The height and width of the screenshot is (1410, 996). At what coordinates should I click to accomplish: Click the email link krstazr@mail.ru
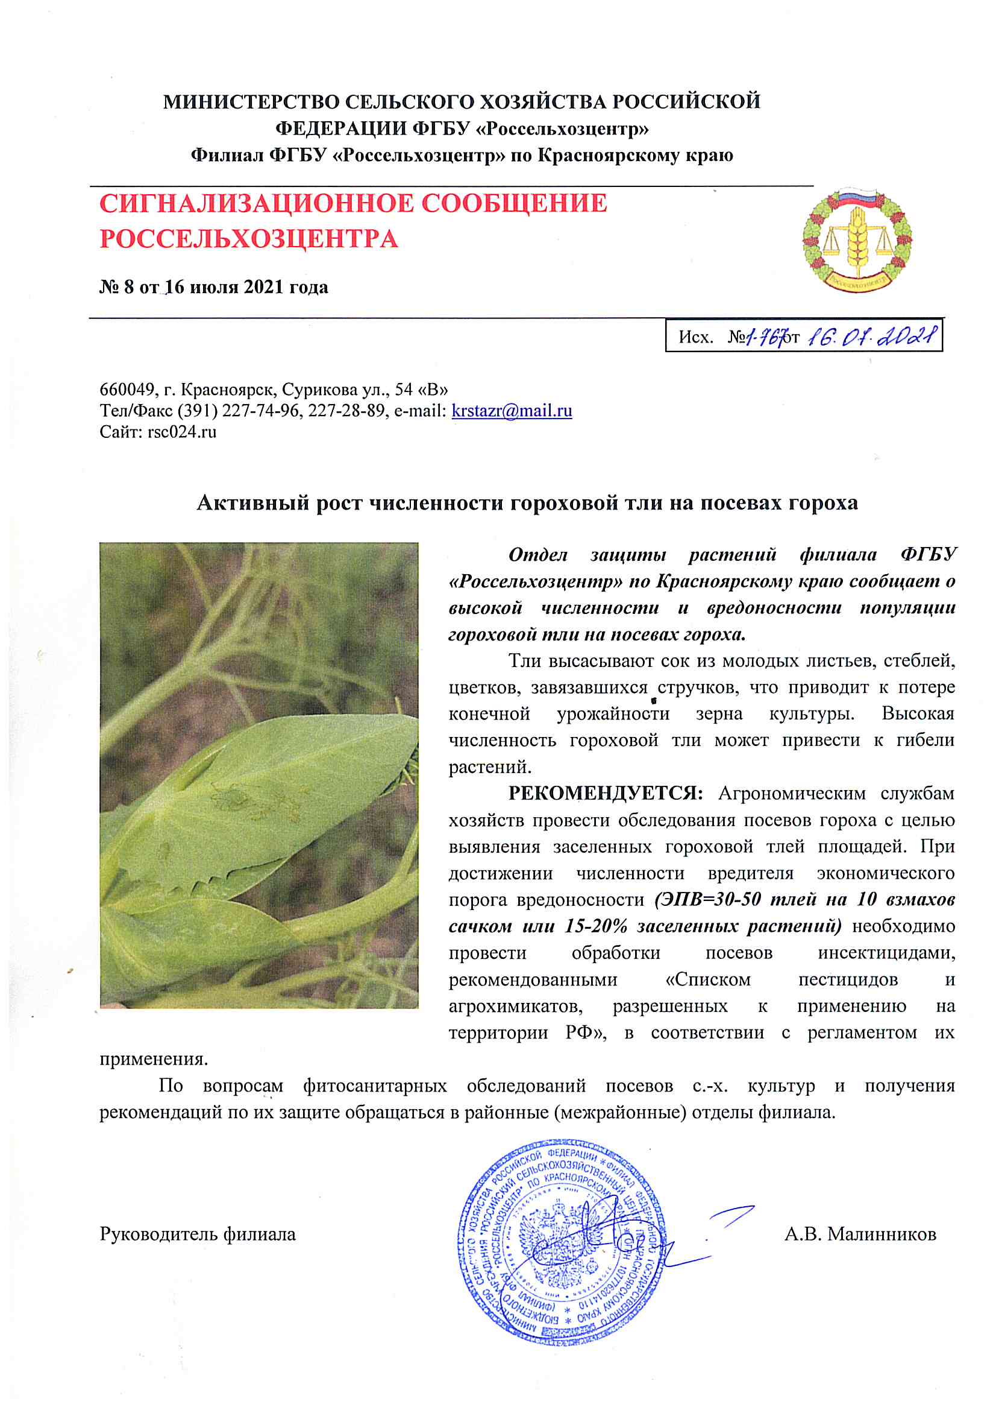(x=511, y=411)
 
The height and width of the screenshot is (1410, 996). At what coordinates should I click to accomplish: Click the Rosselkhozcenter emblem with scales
(x=857, y=239)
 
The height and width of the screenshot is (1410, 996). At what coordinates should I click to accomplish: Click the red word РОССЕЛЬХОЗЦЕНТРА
(x=248, y=239)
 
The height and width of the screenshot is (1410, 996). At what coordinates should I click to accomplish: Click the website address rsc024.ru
(x=181, y=432)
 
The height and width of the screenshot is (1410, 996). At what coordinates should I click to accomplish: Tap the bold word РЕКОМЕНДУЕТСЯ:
(x=605, y=794)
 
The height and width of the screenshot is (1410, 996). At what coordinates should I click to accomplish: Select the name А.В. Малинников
(x=860, y=1235)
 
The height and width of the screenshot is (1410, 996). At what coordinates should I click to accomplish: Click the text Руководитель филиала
(x=198, y=1235)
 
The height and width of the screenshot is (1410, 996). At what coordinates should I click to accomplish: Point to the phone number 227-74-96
(x=261, y=411)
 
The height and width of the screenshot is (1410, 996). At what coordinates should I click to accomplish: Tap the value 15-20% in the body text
(x=599, y=926)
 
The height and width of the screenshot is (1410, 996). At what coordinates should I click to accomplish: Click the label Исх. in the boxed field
(x=695, y=337)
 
